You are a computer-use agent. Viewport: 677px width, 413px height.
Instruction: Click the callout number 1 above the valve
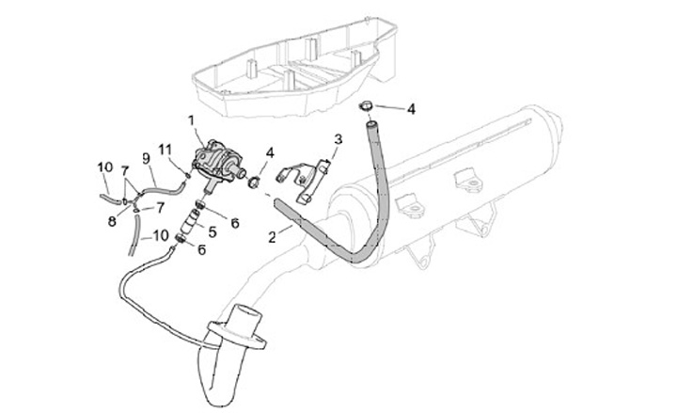[x=191, y=119]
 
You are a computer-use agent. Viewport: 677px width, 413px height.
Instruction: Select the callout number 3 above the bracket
[x=338, y=139]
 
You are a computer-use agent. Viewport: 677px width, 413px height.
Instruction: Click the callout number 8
[x=111, y=222]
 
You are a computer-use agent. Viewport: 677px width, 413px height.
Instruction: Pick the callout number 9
[x=147, y=157]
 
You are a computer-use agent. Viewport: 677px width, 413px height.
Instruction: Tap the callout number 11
[x=165, y=150]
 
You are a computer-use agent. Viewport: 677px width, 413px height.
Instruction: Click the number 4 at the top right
[x=411, y=108]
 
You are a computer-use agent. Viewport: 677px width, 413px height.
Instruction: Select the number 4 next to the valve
[x=269, y=151]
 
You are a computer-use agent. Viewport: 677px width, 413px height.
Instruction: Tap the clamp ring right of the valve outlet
[x=253, y=177]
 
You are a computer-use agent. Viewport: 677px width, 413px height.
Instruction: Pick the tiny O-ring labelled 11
[x=187, y=173]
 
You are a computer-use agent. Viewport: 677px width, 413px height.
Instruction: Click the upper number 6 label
[x=235, y=222]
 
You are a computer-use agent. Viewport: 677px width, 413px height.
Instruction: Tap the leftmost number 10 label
[x=104, y=167]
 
